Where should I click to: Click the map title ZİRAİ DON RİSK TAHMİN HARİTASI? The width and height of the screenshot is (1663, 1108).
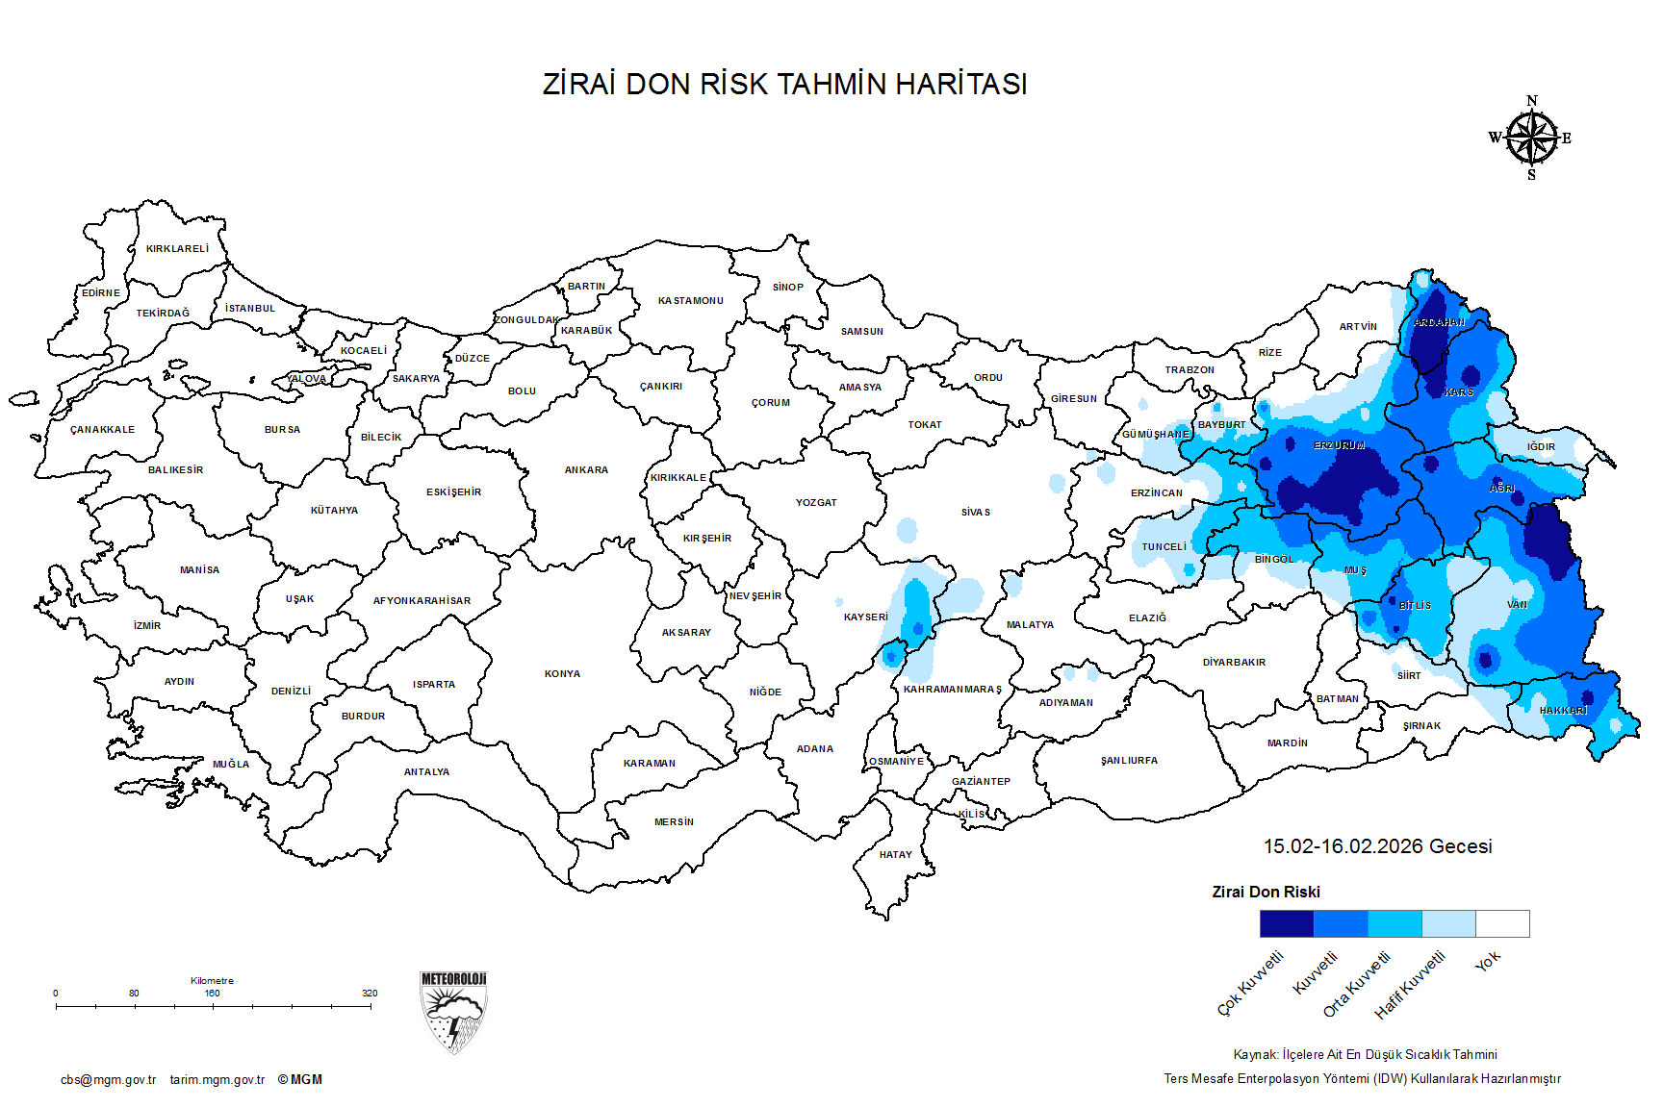point(784,85)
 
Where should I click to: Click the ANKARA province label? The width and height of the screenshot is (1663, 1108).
point(586,470)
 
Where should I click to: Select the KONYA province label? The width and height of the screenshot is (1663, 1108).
point(562,674)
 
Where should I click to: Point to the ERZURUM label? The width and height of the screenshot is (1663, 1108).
point(1339,446)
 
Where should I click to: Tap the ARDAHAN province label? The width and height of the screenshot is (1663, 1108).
point(1439,323)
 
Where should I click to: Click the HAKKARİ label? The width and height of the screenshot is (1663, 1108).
point(1563,711)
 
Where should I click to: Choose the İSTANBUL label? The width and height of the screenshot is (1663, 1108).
point(250,309)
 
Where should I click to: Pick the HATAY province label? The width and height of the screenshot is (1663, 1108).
point(895,855)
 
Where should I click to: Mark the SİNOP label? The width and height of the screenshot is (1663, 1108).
point(787,288)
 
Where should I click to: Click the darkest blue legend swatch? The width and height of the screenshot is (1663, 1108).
point(1286,923)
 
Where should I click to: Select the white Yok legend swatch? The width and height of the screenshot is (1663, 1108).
point(1502,923)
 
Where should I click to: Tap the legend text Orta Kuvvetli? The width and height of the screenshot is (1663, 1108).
point(1356,984)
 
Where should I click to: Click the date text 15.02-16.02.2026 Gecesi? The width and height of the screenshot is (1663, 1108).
point(1377,846)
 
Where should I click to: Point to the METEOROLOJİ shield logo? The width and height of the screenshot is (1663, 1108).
point(453,1012)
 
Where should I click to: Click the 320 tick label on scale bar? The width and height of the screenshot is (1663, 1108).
point(370,994)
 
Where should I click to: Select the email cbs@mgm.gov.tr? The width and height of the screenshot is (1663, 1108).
point(108,1080)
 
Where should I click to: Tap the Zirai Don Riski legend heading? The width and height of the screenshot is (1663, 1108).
point(1266,893)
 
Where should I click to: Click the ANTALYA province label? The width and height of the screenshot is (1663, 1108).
point(426,772)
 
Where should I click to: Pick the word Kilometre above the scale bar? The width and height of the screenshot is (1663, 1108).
point(212,981)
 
